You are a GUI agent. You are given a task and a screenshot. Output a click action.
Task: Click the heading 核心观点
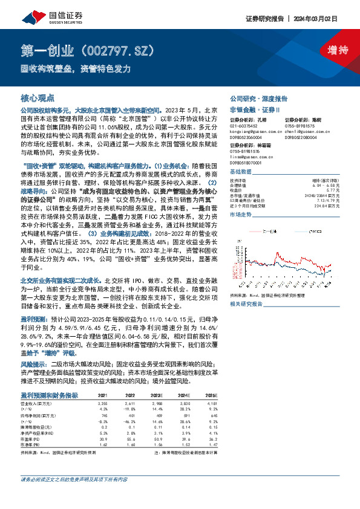coord(38,98)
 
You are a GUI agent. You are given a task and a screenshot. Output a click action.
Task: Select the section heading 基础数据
coord(242,171)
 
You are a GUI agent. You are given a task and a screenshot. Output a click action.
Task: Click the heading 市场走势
coord(242,214)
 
